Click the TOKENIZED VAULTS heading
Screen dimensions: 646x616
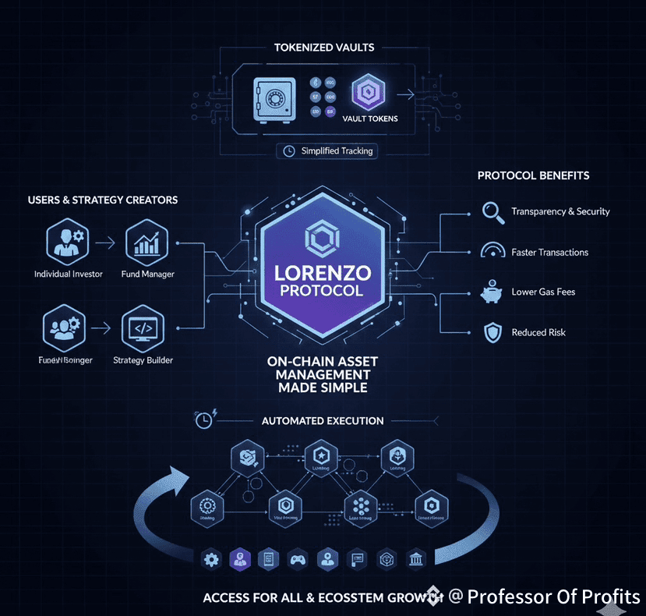point(323,48)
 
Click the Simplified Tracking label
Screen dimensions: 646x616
point(337,151)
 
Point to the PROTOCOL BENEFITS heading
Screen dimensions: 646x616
point(533,175)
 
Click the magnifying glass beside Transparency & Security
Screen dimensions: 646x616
point(491,211)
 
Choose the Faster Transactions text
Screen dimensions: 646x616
point(549,253)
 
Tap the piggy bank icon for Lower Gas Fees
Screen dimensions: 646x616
point(491,292)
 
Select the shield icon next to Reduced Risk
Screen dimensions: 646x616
point(491,332)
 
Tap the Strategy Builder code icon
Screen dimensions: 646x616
point(143,329)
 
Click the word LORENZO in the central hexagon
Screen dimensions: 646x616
point(323,274)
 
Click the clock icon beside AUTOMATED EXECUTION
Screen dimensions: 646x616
point(204,420)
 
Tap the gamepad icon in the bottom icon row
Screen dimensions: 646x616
point(296,558)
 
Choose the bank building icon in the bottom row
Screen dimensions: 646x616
point(417,558)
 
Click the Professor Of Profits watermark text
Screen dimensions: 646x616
point(554,597)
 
